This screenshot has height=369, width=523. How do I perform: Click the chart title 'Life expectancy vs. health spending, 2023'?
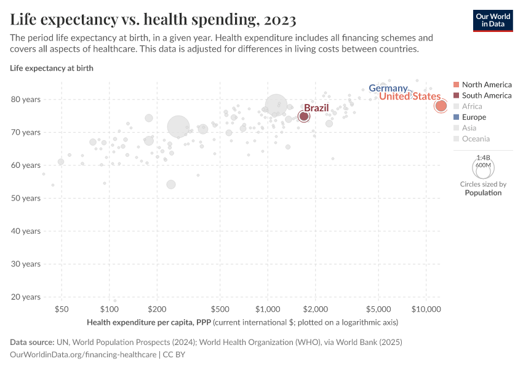153,20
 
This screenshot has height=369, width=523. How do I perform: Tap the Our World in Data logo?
492,20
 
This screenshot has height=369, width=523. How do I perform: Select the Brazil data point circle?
304,116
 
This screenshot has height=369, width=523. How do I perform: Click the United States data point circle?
441,106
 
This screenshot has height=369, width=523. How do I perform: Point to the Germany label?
388,89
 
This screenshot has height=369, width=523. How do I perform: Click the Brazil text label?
316,108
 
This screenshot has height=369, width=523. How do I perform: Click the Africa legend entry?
472,106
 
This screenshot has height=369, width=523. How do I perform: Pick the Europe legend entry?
474,117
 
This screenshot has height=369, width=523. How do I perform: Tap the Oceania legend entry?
476,138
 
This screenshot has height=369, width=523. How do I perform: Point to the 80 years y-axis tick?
26,99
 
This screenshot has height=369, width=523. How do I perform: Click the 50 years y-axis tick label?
26,198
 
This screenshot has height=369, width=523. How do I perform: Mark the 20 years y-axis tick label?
26,297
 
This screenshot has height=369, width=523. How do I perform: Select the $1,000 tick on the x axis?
268,308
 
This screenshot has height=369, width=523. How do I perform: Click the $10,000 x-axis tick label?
426,308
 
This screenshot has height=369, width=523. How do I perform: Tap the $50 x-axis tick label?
62,308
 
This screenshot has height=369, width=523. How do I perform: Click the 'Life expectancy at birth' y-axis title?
52,68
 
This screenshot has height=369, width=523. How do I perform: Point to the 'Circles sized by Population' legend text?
483,188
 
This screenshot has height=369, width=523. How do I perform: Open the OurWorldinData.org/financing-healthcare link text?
84,355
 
